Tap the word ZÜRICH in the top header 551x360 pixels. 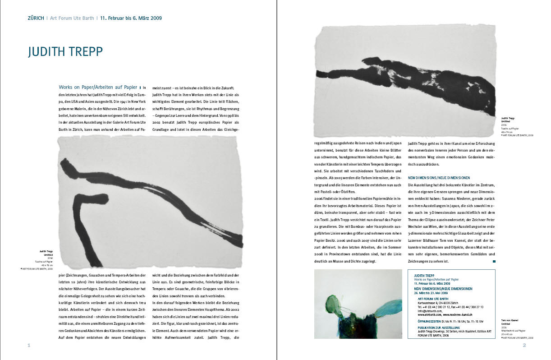(36, 18)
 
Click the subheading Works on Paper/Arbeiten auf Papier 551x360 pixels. (98, 87)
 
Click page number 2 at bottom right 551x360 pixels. (524, 346)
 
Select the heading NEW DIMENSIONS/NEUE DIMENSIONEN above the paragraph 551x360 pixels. (439, 178)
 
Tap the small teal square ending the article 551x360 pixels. (494, 261)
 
